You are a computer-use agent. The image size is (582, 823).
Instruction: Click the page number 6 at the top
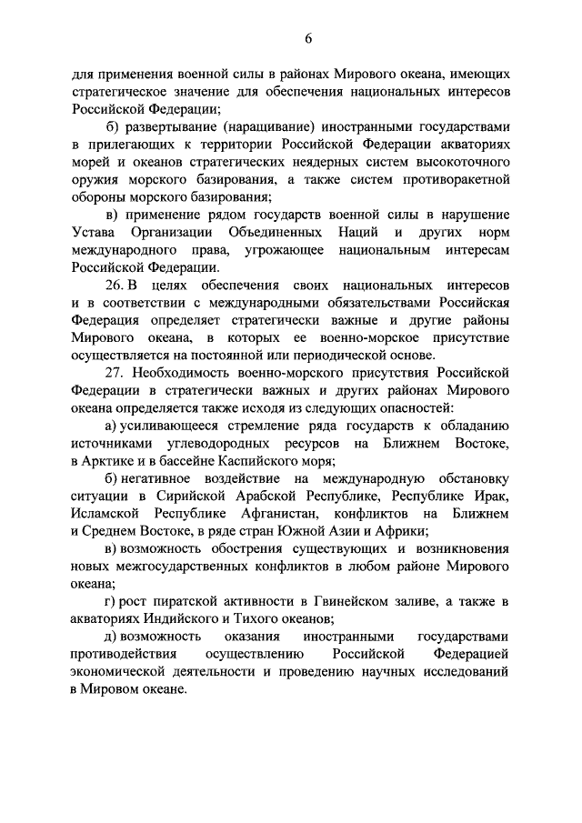308,37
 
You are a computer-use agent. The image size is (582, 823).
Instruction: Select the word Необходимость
187,375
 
